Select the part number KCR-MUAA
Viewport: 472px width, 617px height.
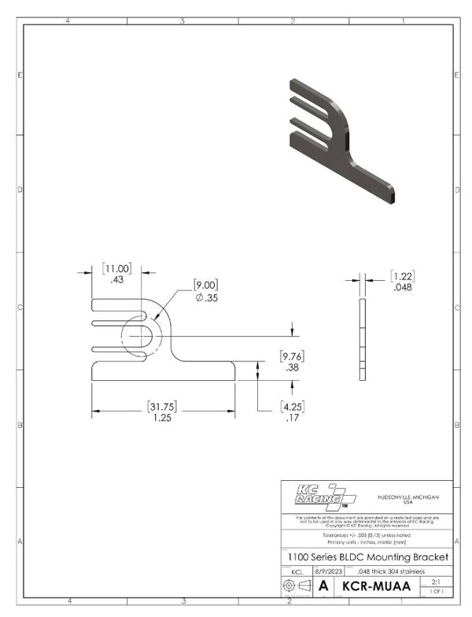tap(377, 586)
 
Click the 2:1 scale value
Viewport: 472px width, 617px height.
tap(435, 582)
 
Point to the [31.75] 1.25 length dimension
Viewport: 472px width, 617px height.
tap(163, 412)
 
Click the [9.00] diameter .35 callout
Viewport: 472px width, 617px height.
tap(206, 290)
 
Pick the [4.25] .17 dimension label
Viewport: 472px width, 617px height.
tap(293, 412)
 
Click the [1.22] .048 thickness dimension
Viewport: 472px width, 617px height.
tap(402, 281)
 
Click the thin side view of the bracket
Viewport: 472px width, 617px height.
tap(362, 339)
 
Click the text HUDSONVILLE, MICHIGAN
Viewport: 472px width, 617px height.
tap(407, 500)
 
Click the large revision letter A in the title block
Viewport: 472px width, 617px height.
tap(323, 586)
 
